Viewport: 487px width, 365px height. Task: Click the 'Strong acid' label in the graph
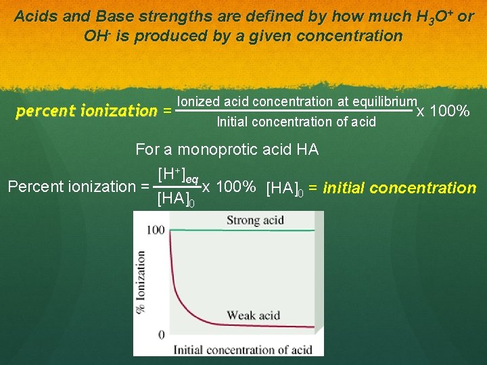point(254,220)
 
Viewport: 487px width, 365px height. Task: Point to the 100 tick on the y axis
point(156,230)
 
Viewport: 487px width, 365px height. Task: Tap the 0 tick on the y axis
point(161,335)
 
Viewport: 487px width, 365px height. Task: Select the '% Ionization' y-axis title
point(141,282)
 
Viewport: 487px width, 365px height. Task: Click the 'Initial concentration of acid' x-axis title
point(243,349)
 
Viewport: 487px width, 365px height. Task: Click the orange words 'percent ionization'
point(87,110)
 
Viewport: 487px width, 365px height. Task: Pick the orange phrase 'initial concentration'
point(400,187)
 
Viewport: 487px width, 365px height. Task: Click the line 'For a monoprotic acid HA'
point(227,149)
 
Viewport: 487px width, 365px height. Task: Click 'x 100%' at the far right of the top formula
point(443,110)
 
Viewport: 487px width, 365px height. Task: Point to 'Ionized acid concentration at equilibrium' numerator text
point(296,101)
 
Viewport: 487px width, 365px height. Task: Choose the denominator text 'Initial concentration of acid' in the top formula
point(296,122)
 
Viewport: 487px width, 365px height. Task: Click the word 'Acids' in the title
point(35,16)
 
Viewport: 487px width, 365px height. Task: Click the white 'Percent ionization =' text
point(78,187)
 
